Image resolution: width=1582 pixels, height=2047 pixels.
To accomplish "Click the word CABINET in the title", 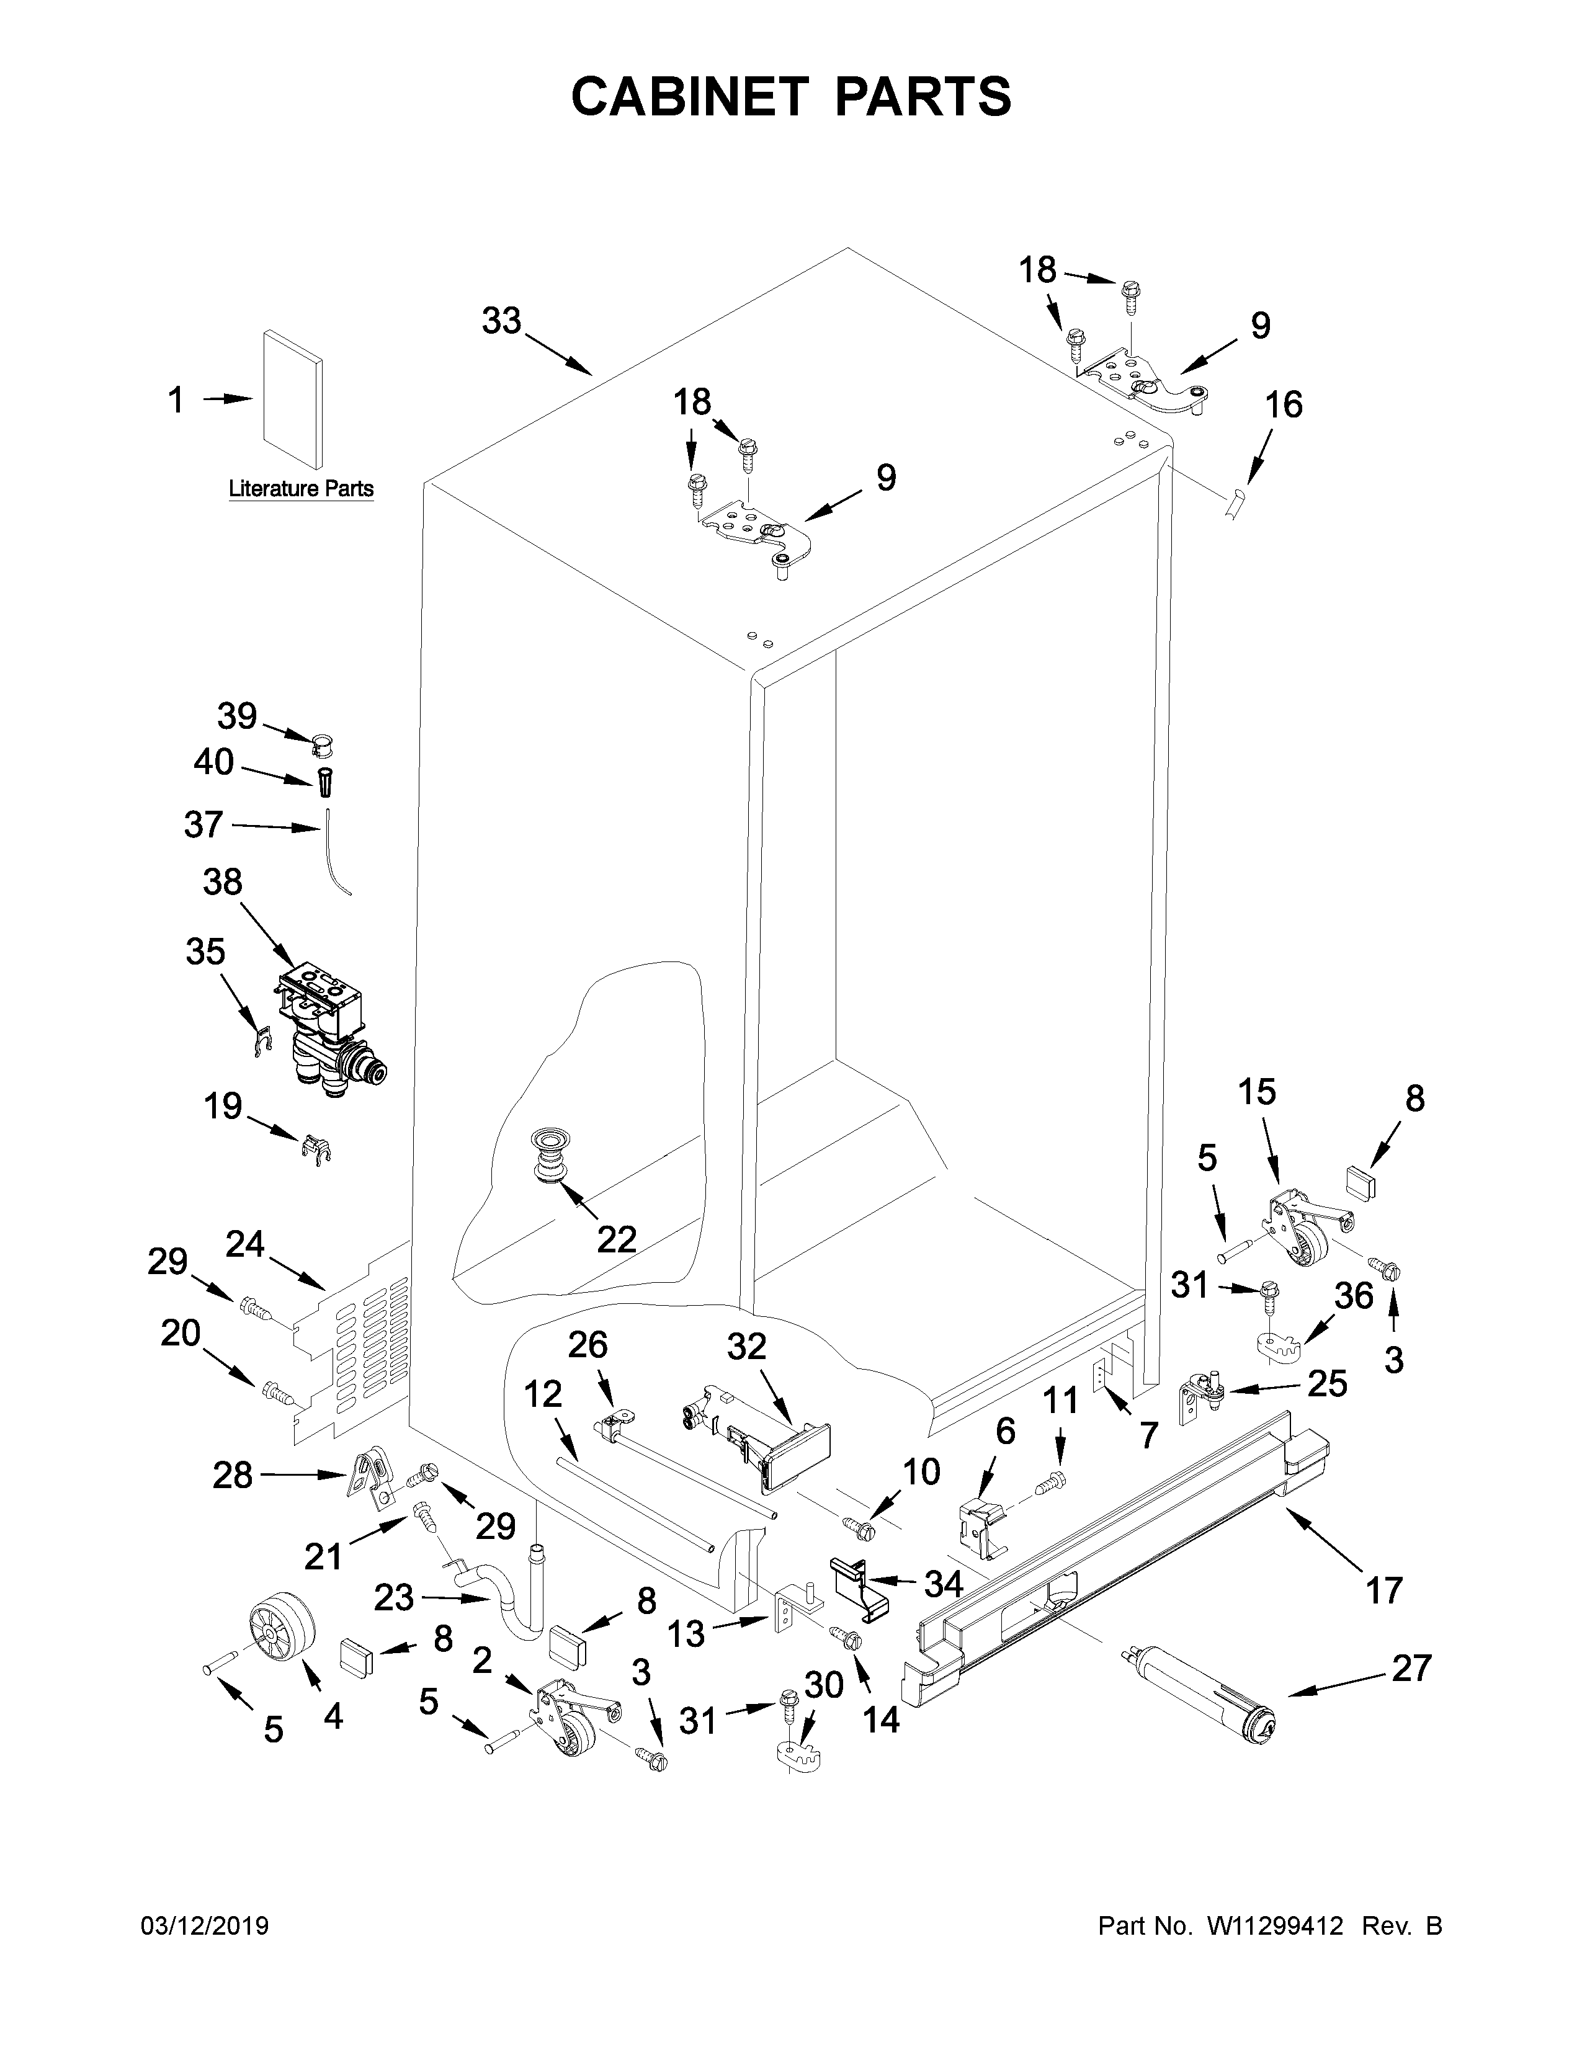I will (689, 97).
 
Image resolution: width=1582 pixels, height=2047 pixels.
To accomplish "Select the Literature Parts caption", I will (301, 488).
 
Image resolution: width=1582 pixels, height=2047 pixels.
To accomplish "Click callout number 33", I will (501, 321).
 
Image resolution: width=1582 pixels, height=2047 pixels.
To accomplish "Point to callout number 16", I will (1283, 405).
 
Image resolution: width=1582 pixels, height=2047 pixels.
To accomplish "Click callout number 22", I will (617, 1239).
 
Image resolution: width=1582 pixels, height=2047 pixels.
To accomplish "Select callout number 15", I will (1257, 1091).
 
